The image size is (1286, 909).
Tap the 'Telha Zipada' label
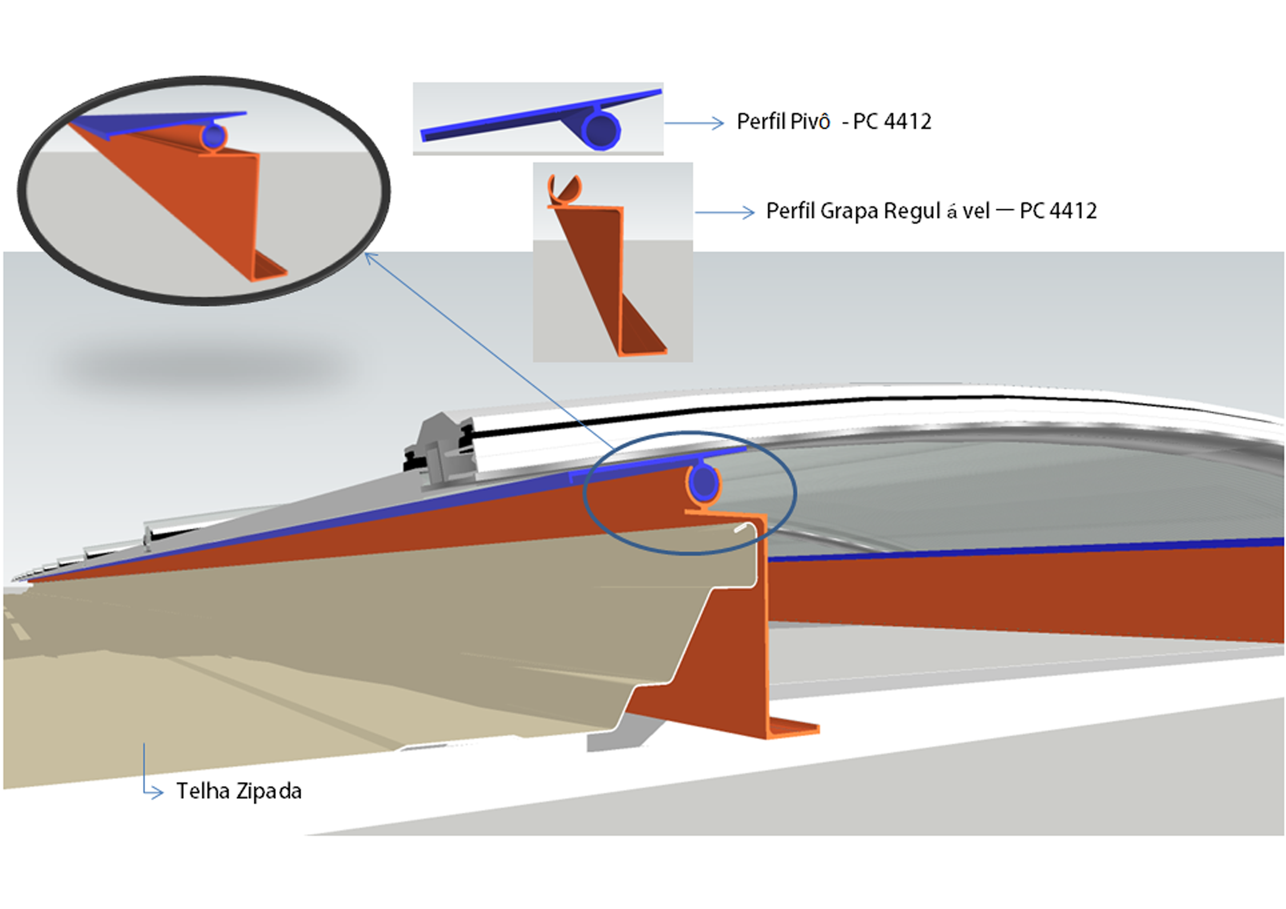click(239, 791)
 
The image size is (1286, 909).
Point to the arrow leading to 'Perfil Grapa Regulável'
click(725, 212)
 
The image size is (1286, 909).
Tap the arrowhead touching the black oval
click(370, 258)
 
